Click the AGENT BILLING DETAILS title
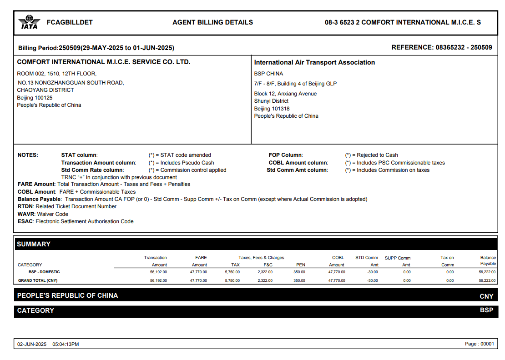212,22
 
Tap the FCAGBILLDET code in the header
70,22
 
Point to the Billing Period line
96,48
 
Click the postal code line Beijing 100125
35,98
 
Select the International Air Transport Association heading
314,62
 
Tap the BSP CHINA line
268,74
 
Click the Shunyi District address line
271,101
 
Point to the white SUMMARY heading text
34,244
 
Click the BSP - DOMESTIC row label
44,272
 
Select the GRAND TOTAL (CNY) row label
38,280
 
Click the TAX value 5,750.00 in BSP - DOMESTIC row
232,272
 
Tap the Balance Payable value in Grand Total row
487,280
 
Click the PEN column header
300,265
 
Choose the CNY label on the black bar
486,296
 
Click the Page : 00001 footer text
479,344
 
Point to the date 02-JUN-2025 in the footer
32,344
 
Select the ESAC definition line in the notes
76,221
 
